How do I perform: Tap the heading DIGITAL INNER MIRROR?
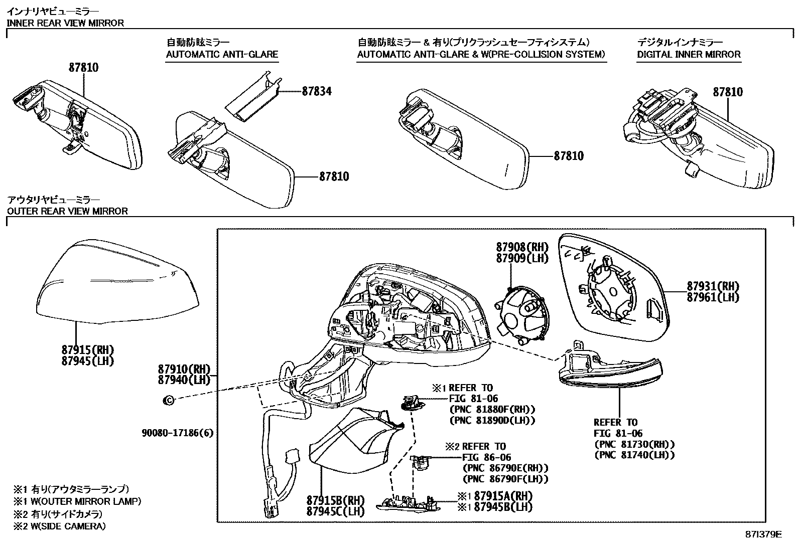click(x=689, y=54)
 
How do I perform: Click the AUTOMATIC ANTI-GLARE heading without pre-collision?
click(x=222, y=54)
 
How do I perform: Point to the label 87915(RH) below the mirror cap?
click(x=88, y=349)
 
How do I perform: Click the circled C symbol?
click(x=169, y=400)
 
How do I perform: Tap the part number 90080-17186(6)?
click(x=178, y=432)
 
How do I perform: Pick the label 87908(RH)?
click(x=522, y=247)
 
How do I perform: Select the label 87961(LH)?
click(x=713, y=297)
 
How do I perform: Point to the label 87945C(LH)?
click(x=335, y=511)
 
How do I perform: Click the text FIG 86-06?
click(x=486, y=457)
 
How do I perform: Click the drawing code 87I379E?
click(x=763, y=534)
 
